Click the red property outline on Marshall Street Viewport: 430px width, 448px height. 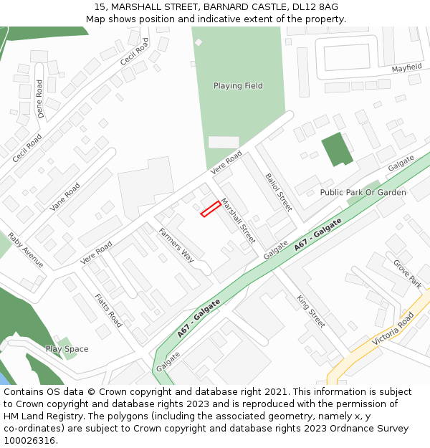pos(210,209)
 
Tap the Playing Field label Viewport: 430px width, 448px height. pos(238,86)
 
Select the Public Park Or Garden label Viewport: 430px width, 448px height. pos(363,192)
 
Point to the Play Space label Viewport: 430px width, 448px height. pos(67,349)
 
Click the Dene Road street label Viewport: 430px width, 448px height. pos(40,98)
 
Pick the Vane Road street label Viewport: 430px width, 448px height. pos(65,196)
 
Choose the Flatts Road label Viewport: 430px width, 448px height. pos(108,310)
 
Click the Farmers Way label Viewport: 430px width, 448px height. pos(176,244)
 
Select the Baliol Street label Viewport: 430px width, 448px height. pos(278,191)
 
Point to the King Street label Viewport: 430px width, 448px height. pos(311,311)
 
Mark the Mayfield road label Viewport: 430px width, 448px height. pos(406,68)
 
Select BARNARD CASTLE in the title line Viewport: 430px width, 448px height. pos(239,7)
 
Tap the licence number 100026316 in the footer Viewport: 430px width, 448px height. pos(29,440)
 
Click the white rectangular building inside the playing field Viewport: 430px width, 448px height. pos(224,142)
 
